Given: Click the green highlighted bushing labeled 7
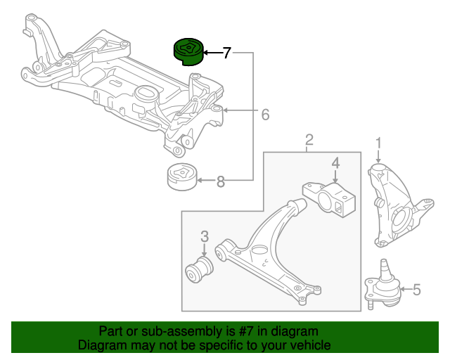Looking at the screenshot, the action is click(x=188, y=51).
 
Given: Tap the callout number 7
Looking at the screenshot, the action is click(x=226, y=53).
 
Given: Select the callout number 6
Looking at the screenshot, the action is click(x=266, y=115).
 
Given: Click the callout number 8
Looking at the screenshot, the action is click(x=220, y=181).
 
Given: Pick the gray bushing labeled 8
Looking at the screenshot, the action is click(x=181, y=177).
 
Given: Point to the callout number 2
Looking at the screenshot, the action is click(x=309, y=140).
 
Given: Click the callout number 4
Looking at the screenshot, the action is click(x=335, y=163).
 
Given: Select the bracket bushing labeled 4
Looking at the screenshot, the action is click(x=329, y=200).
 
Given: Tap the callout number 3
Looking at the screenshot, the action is click(x=205, y=236).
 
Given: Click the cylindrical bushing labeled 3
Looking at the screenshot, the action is click(x=199, y=269).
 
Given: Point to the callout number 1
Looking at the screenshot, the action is click(x=378, y=143).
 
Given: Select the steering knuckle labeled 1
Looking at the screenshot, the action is click(x=399, y=205).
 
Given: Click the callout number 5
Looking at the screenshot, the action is click(x=417, y=290).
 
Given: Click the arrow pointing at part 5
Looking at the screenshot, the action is click(x=405, y=289).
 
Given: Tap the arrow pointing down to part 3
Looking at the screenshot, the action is click(x=205, y=250).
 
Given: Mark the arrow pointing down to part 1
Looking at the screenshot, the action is click(x=378, y=157).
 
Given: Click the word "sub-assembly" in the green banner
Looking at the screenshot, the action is click(x=181, y=332).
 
